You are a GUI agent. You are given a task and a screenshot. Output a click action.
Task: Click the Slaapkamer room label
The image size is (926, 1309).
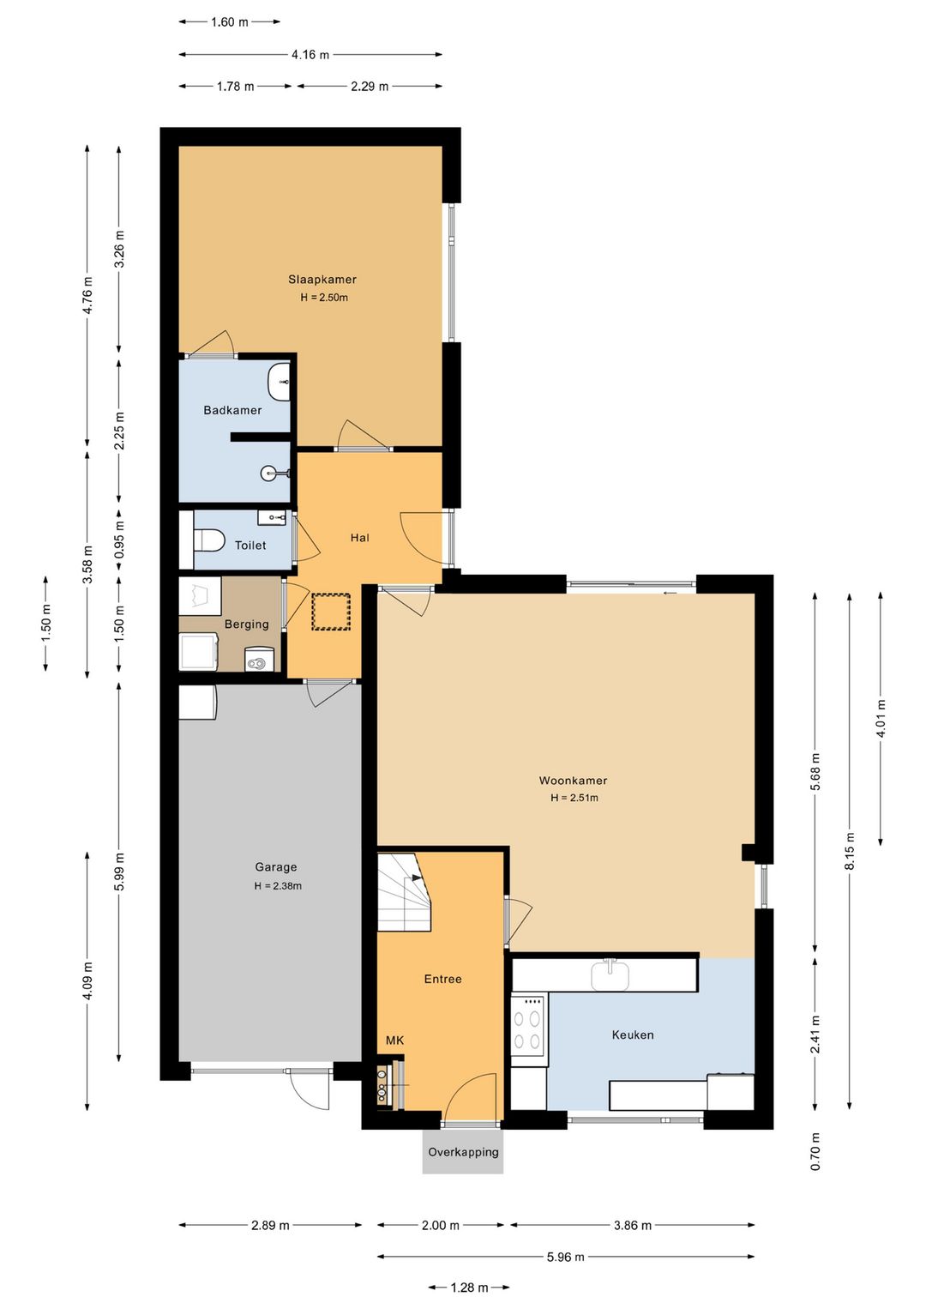(x=322, y=280)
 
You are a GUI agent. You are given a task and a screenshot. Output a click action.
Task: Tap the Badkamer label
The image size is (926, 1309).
(x=232, y=410)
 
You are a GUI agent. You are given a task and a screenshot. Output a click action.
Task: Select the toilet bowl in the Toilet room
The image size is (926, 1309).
(x=208, y=540)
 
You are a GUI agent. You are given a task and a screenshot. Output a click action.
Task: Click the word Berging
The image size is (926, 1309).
(x=247, y=624)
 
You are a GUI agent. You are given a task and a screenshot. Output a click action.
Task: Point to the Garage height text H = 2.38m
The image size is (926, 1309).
(x=278, y=885)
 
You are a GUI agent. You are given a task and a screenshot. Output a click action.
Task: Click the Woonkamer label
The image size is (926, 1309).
(x=573, y=780)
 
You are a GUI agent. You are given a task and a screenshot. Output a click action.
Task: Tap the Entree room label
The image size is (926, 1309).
(x=442, y=979)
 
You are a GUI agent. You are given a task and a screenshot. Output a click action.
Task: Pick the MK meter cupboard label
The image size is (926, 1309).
(x=395, y=1041)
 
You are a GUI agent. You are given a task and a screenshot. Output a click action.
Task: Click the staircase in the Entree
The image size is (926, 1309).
(x=405, y=892)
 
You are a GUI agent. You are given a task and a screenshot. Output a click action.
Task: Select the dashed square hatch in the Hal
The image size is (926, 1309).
(x=331, y=612)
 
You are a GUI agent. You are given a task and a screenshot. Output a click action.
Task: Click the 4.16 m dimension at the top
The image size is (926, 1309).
(x=310, y=55)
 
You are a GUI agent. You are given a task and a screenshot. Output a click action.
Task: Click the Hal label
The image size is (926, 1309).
(x=360, y=538)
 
